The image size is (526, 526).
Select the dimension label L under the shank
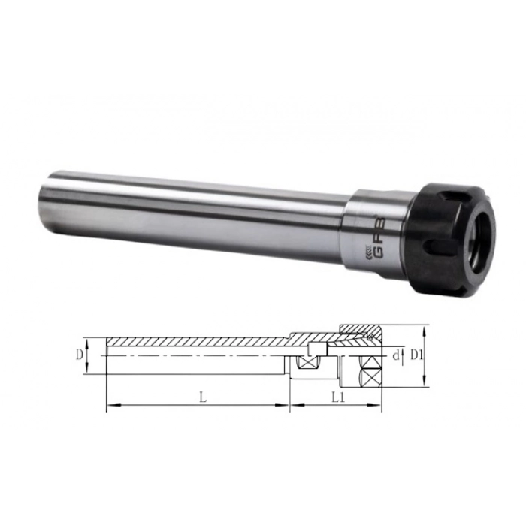[203, 398]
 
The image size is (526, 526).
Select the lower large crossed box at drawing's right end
[370, 379]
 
